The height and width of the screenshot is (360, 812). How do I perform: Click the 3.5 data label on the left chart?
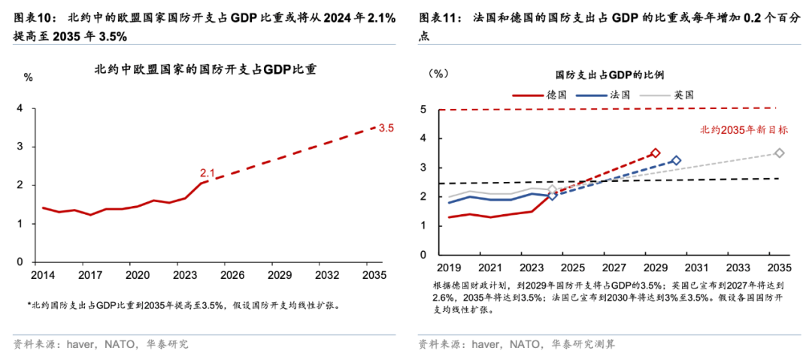coord(386,129)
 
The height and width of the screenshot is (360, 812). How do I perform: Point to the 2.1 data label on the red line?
coord(208,173)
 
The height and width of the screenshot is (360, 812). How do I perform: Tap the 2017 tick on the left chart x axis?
coord(92,275)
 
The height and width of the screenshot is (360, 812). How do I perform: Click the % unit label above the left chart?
coord(29,77)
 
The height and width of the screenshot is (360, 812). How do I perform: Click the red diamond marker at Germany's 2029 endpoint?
coord(655,153)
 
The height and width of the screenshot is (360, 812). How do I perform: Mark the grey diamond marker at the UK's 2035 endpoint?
coord(780,153)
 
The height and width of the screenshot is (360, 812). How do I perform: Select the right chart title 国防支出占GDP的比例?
coord(609,75)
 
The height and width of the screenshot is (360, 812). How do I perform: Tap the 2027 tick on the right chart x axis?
coord(614,268)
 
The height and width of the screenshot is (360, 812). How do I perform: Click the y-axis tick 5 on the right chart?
coord(424,110)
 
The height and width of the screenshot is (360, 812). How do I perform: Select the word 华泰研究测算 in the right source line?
coord(583,344)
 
